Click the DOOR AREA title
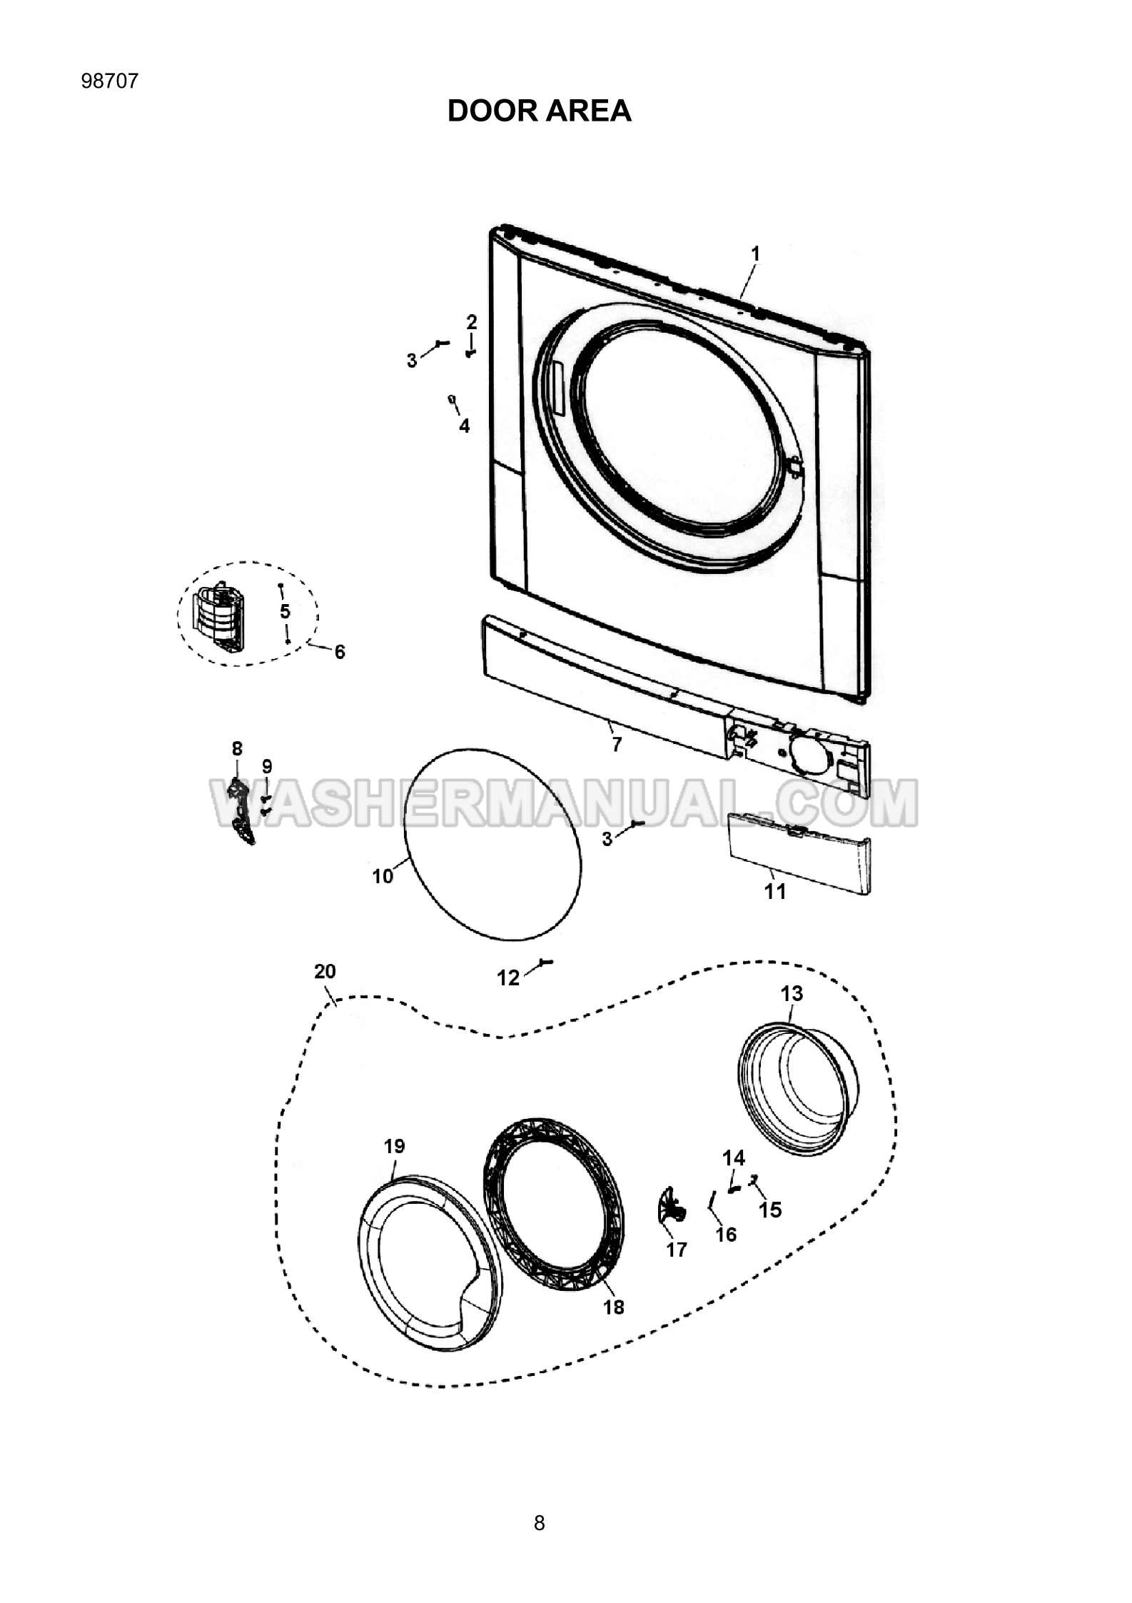tap(539, 111)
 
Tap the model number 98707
tap(110, 81)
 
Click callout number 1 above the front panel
tap(755, 254)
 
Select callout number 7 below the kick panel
tap(617, 745)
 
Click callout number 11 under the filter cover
tap(775, 891)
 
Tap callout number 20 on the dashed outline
tap(325, 971)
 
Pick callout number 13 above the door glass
tap(792, 994)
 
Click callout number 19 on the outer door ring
tap(394, 1146)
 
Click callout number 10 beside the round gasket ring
tap(383, 876)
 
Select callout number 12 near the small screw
tap(508, 978)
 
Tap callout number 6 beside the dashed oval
tap(340, 651)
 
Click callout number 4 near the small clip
tap(465, 426)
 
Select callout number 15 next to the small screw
tap(770, 1210)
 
